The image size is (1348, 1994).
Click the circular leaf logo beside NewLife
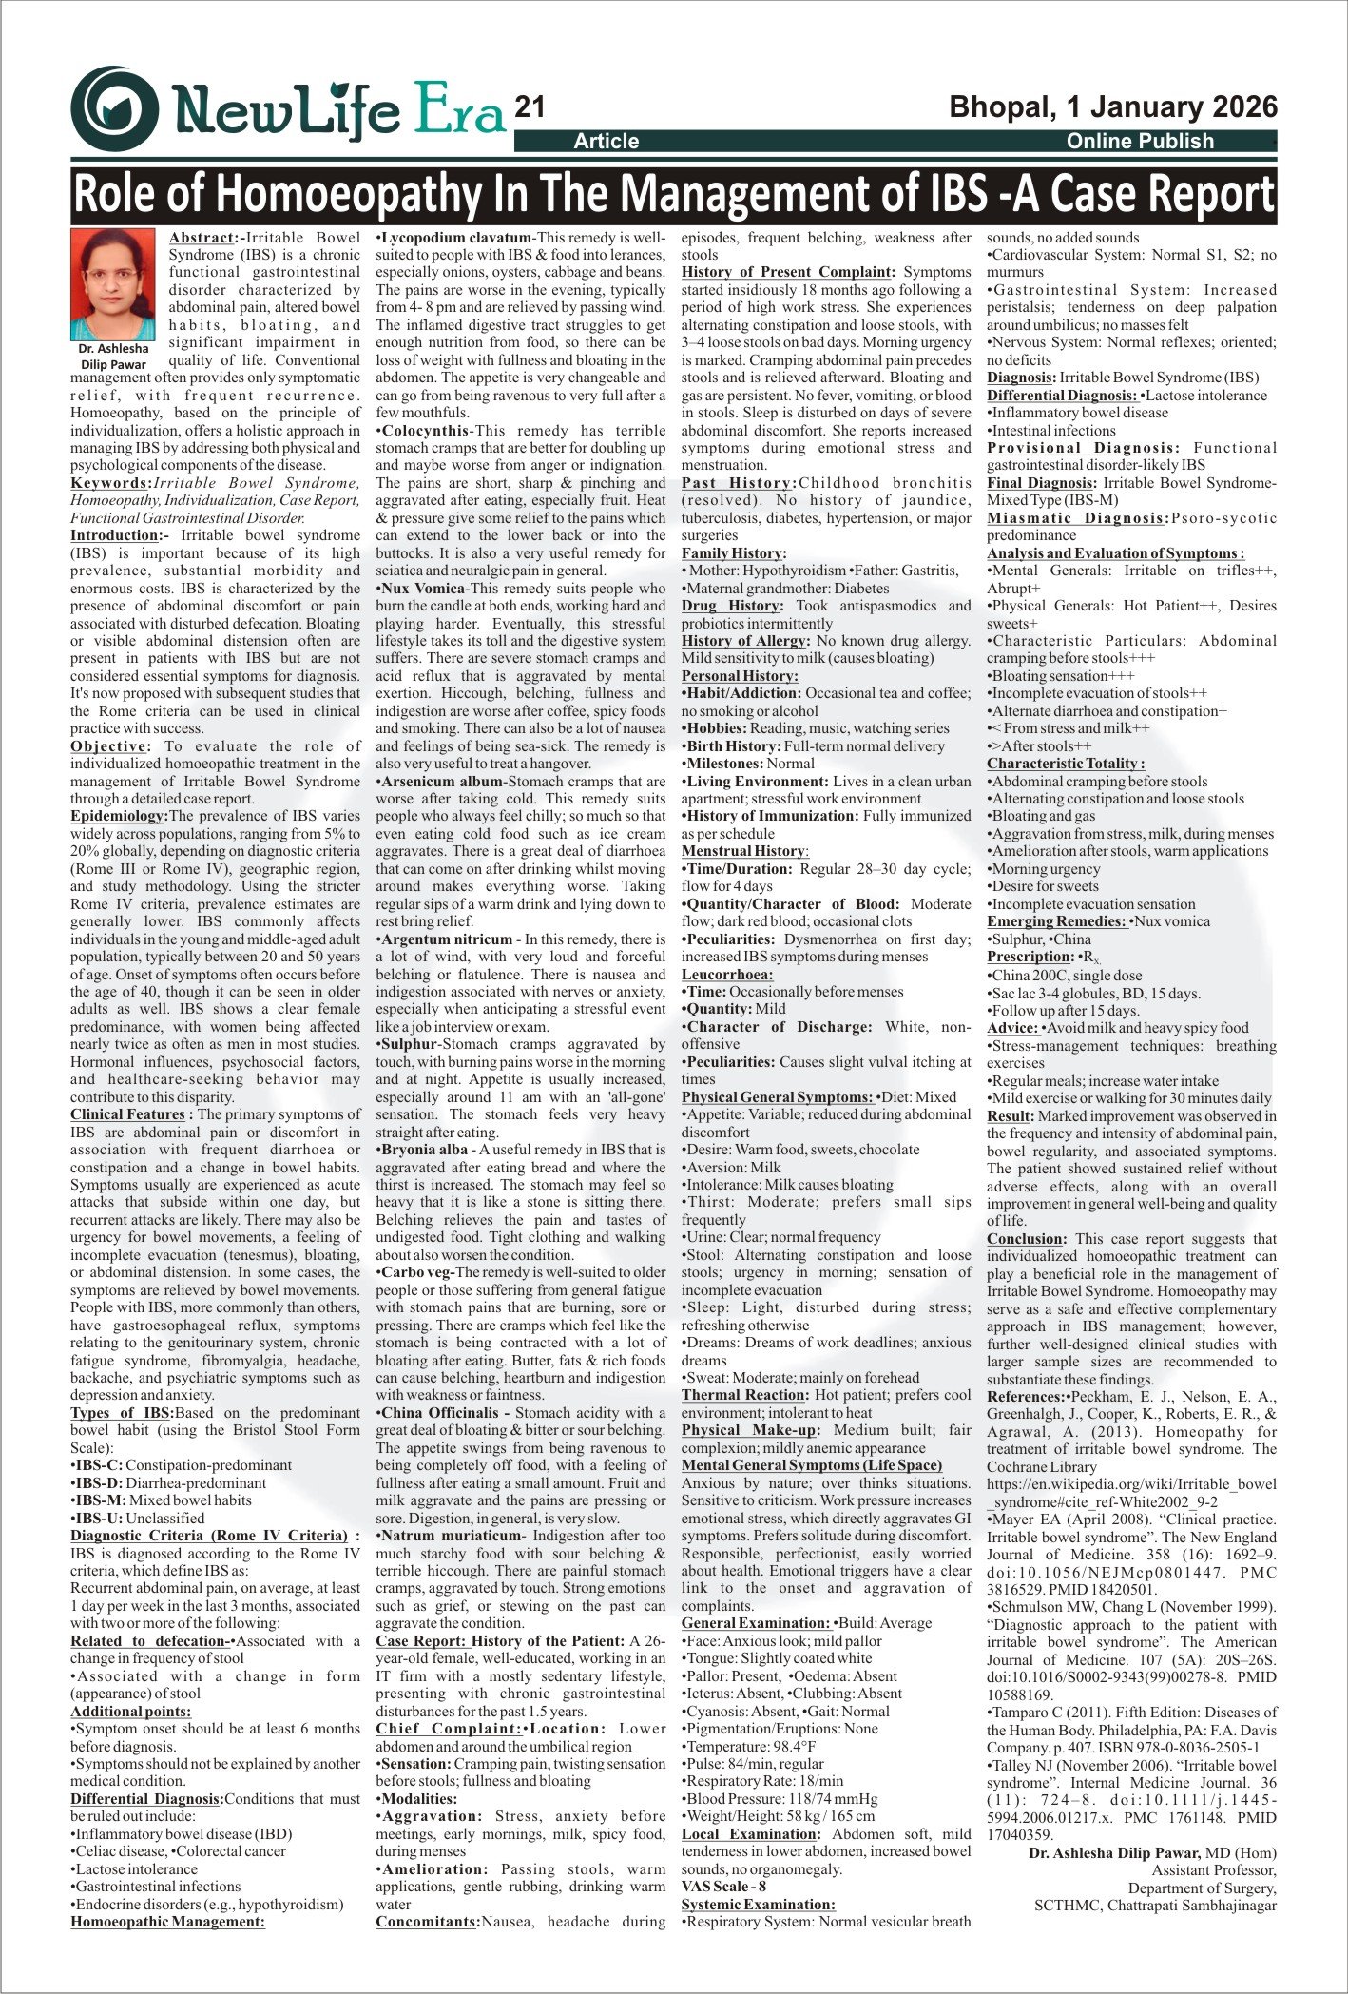pos(115,107)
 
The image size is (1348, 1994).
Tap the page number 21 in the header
pos(530,107)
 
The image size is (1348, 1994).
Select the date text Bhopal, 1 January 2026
pos(1113,106)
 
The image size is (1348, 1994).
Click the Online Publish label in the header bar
pos(1140,142)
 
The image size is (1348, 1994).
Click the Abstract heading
pos(201,238)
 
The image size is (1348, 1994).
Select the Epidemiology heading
pos(118,816)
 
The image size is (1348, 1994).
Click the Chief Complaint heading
pos(448,1728)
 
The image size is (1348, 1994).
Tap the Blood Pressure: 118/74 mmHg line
pos(780,1799)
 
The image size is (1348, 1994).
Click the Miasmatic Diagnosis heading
pos(1075,518)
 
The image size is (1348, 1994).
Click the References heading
pos(1023,1397)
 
